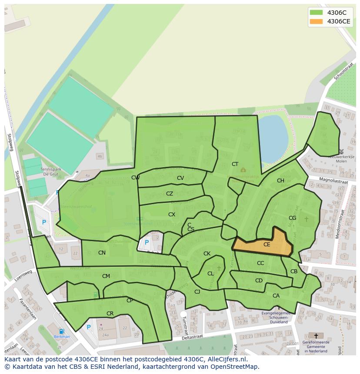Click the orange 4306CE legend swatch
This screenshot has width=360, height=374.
[316, 21]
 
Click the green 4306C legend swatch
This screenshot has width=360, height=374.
[316, 13]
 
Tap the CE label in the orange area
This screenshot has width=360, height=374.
[267, 245]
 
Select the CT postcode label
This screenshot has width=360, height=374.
[235, 164]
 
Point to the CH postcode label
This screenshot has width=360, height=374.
[280, 181]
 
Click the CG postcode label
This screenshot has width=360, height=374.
[292, 218]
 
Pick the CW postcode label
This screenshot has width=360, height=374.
[135, 178]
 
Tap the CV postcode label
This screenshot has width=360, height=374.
[180, 178]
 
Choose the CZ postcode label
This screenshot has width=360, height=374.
[170, 194]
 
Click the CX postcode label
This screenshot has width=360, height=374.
[172, 215]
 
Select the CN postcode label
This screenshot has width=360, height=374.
[102, 253]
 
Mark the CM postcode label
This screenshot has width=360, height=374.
[106, 276]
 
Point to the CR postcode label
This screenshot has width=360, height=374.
[110, 314]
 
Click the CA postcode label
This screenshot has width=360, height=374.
[276, 296]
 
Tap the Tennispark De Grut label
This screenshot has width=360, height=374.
[50, 172]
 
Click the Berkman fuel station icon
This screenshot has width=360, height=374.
[61, 331]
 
